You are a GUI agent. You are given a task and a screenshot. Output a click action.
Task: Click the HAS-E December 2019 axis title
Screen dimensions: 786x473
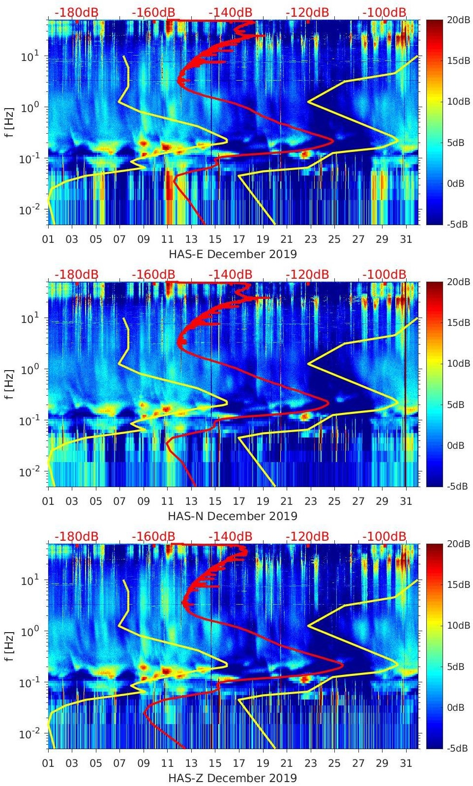[x=233, y=254]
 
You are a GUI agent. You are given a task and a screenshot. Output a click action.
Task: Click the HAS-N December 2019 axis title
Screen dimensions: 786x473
[x=233, y=516]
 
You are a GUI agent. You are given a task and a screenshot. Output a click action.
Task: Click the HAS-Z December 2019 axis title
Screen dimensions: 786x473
[x=233, y=778]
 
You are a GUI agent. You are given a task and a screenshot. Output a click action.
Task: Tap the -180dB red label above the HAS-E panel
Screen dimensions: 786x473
[x=76, y=12]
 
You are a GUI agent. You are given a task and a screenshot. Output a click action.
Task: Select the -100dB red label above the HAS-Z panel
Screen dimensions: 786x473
[x=384, y=536]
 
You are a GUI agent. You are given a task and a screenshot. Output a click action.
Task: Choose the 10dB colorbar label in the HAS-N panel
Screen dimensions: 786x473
[x=458, y=364]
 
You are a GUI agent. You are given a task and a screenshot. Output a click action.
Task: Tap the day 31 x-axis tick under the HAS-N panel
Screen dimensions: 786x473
[x=406, y=501]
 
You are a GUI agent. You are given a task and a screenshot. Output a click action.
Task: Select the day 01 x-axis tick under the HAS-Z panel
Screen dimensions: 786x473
[x=48, y=763]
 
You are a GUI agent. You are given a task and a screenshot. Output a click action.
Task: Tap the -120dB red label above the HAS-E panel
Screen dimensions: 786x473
[x=307, y=12]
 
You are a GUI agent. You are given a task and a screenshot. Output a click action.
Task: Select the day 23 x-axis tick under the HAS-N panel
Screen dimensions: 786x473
[x=310, y=501]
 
